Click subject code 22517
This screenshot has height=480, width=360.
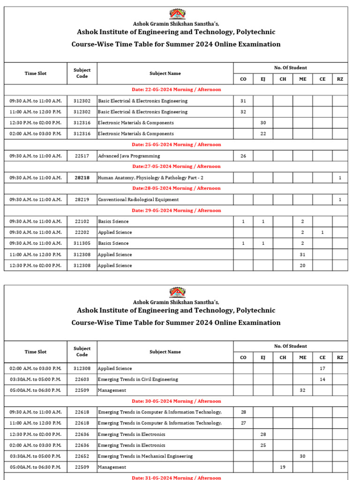82,156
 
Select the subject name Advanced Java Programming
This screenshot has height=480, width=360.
129,156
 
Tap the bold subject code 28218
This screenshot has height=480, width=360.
82,178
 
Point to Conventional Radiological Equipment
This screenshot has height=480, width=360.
138,200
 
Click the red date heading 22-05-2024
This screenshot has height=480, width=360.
176,90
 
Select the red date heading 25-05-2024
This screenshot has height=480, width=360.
176,144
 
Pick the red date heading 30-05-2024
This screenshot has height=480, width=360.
176,401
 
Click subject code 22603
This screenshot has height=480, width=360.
82,379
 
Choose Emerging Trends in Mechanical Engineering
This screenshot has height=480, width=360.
145,456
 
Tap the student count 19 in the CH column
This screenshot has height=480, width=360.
283,467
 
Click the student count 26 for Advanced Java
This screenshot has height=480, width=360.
243,156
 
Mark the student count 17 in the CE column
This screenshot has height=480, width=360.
322,368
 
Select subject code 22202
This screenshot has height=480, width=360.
82,232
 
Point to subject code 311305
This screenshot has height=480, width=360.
82,243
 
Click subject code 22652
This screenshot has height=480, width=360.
82,456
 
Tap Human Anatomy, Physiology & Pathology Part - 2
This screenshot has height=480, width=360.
150,178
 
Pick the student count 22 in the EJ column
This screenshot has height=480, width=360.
263,134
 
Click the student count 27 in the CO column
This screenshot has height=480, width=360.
243,423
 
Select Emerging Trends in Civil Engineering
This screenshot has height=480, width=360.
138,379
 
